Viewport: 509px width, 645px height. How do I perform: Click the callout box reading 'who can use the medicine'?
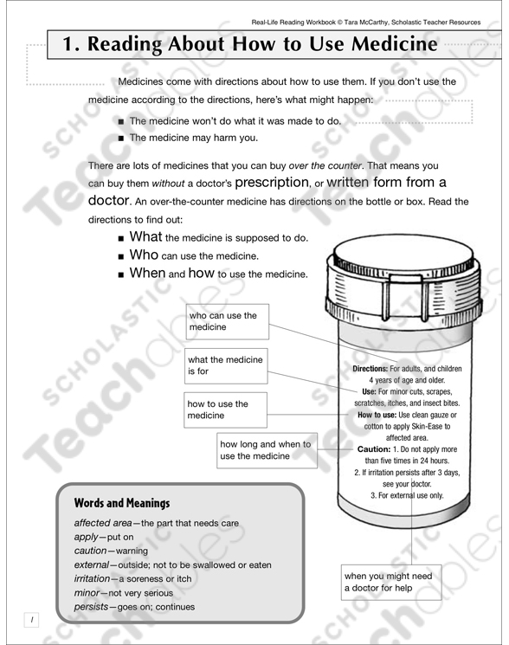click(x=228, y=321)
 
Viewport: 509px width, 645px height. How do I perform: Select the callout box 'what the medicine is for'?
click(x=228, y=365)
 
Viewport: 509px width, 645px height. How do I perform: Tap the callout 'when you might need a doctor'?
click(x=391, y=583)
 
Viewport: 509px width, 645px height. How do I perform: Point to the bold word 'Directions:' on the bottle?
click(x=376, y=369)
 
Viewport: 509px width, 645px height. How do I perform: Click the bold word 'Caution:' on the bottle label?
click(x=379, y=450)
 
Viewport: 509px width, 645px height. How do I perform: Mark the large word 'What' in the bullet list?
click(x=145, y=236)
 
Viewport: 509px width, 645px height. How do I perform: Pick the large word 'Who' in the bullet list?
click(x=144, y=255)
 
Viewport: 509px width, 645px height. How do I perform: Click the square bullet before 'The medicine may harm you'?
click(x=121, y=137)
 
